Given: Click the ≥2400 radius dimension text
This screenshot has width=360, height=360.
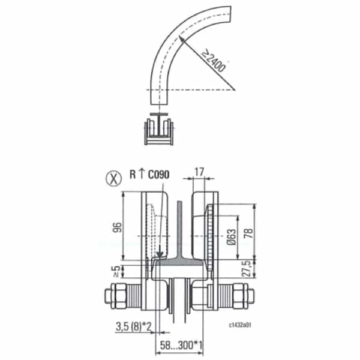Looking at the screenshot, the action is click(214, 61).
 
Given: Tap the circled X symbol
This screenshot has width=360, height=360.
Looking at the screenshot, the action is click(113, 178).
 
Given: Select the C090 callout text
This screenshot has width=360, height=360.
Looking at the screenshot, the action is click(158, 175).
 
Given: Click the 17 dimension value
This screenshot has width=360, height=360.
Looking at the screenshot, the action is click(199, 172).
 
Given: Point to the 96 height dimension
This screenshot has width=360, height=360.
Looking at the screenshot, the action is click(117, 227).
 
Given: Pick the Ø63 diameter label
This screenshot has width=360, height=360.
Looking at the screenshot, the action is click(232, 236).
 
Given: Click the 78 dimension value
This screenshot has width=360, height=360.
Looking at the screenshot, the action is click(249, 233).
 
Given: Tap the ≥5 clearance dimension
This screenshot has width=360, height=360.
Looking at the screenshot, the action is click(116, 271).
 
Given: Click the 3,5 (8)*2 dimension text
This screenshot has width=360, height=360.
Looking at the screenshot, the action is click(134, 327).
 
